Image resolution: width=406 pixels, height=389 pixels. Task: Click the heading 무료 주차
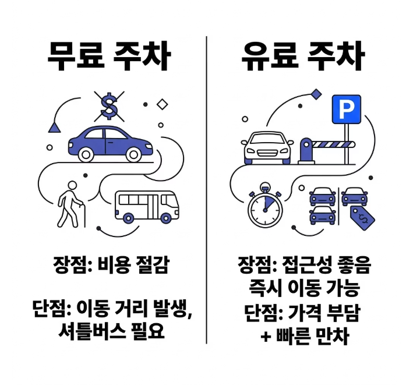pyautogui.click(x=109, y=56)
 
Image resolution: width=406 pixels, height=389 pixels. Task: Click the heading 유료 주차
pyautogui.click(x=302, y=56)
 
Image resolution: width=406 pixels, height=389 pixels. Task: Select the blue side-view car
pyautogui.click(x=110, y=142)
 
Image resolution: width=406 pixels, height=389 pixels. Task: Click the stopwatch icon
pyautogui.click(x=265, y=207)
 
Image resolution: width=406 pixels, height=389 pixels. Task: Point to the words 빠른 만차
pyautogui.click(x=311, y=336)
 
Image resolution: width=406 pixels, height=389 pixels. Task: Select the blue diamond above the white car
pyautogui.click(x=316, y=93)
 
